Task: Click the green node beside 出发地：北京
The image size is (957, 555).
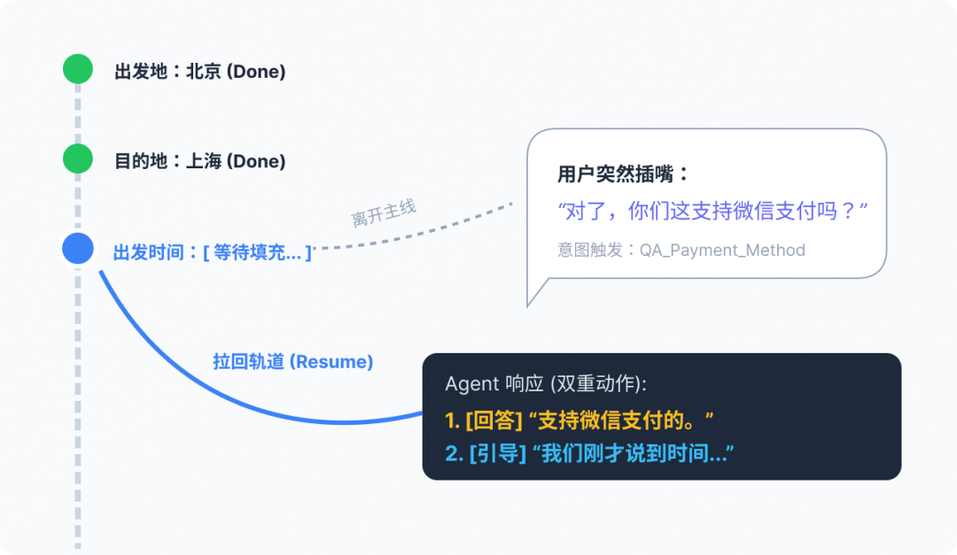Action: [78, 69]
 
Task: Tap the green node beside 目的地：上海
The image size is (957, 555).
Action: [78, 159]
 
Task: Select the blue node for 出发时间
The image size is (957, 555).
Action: [78, 249]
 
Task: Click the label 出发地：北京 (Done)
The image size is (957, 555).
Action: [199, 72]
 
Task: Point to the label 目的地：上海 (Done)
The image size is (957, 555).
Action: [199, 161]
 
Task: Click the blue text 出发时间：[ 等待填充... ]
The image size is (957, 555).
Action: [213, 253]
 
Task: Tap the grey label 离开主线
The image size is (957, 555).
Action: [384, 213]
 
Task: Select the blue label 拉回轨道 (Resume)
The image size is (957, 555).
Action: [293, 362]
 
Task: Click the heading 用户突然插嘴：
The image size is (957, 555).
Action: [623, 173]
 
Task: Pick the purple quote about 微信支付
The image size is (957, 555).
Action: [712, 212]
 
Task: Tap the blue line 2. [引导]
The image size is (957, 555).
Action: [590, 454]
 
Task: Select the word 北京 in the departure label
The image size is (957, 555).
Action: [204, 72]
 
